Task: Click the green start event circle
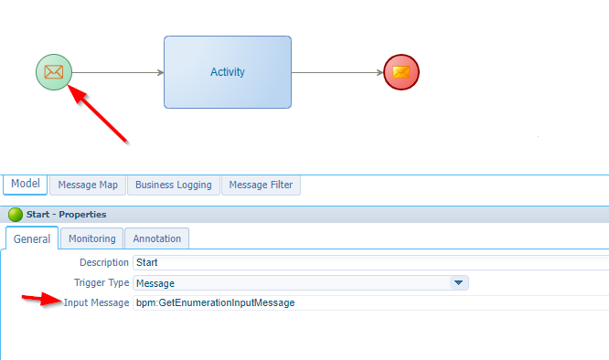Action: click(x=54, y=72)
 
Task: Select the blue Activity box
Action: click(x=228, y=72)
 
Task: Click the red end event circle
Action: click(x=401, y=72)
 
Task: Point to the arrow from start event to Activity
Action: click(x=118, y=72)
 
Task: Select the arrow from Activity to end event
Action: click(x=337, y=72)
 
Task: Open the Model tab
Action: click(x=26, y=185)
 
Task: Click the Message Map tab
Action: click(x=88, y=185)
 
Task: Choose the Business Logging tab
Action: click(x=173, y=185)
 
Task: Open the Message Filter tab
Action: click(x=261, y=185)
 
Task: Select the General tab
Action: click(x=32, y=238)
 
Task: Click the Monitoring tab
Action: click(x=91, y=238)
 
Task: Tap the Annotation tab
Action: click(x=156, y=238)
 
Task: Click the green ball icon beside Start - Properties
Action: click(x=15, y=215)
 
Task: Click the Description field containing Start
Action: click(x=366, y=263)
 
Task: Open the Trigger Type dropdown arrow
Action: click(x=459, y=283)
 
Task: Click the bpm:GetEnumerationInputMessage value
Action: click(x=215, y=302)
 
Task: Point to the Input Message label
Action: click(x=96, y=302)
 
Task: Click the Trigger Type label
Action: click(x=101, y=283)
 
